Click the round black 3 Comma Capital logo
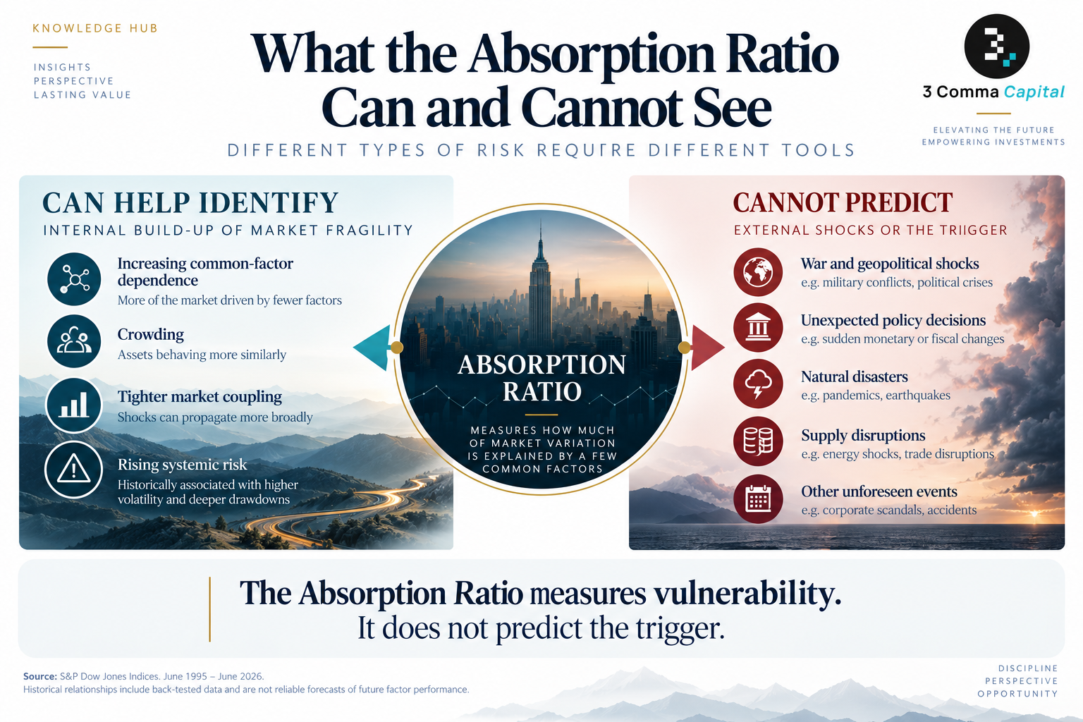tap(996, 46)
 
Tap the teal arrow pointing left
tap(372, 348)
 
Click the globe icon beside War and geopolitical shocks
tap(758, 271)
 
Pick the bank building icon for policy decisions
tap(758, 327)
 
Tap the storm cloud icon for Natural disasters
tap(758, 384)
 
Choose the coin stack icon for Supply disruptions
tap(758, 441)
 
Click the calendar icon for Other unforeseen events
tap(758, 498)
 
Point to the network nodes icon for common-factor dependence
tap(74, 279)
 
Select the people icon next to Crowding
tap(74, 341)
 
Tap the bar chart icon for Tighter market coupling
tap(74, 405)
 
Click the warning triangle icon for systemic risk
tap(74, 470)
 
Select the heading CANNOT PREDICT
tap(843, 202)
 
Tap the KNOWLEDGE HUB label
tap(95, 28)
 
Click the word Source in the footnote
tap(39, 676)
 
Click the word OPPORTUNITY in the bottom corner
tap(1017, 694)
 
